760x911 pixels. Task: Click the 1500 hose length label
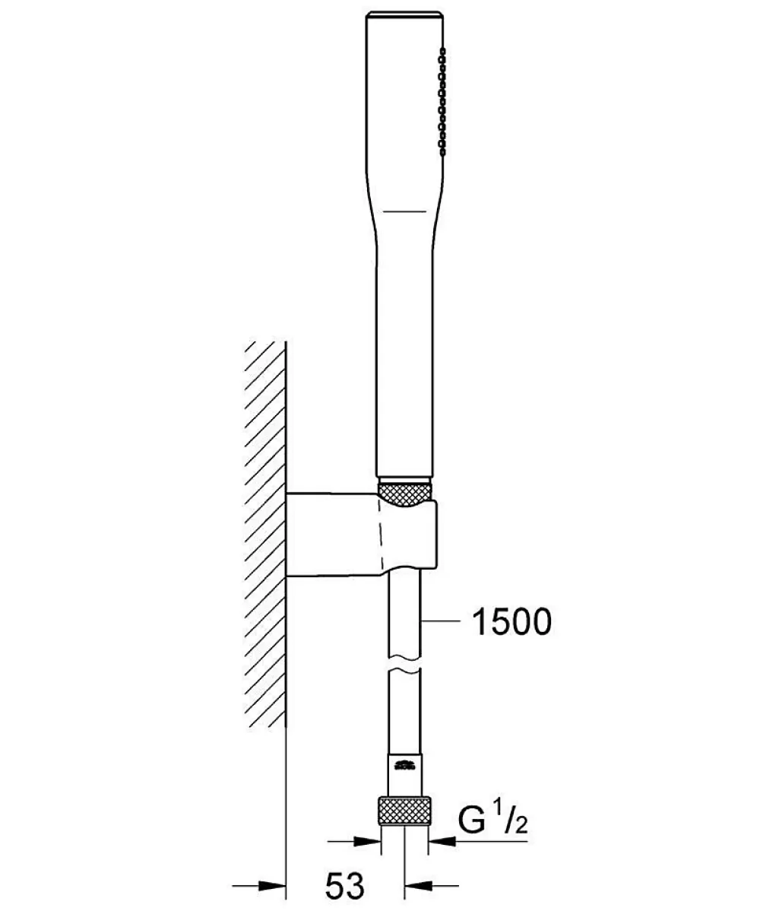coord(511,622)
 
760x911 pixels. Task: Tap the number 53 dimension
coord(345,886)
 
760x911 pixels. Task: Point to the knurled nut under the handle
coord(404,490)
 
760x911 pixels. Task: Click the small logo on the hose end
coord(405,764)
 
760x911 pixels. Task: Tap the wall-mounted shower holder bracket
coord(361,533)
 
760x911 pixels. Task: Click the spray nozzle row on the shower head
coord(442,102)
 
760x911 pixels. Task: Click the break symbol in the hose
coord(404,666)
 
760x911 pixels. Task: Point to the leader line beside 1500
coord(442,622)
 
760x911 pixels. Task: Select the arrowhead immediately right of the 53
coord(419,885)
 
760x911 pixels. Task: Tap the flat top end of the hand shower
coord(404,13)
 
